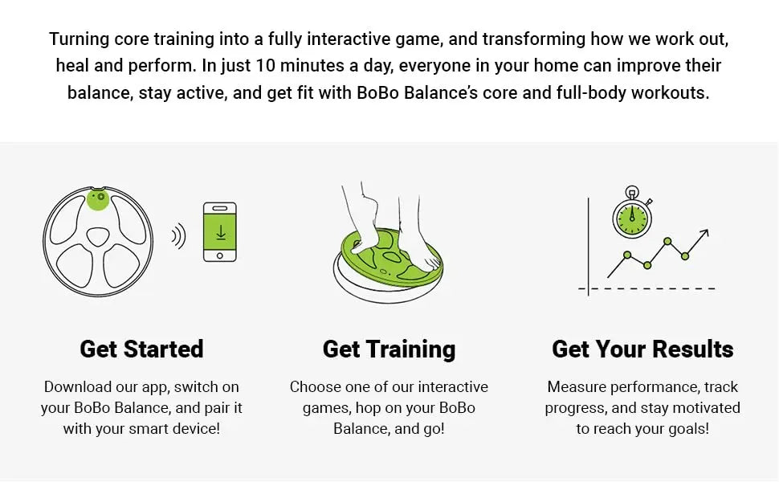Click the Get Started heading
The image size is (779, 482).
click(141, 349)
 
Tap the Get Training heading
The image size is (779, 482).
click(389, 349)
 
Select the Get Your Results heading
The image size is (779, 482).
click(642, 349)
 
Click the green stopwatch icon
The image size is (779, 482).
click(632, 214)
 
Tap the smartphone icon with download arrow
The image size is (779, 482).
click(219, 231)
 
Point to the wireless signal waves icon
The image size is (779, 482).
click(179, 236)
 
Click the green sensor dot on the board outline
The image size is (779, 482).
click(98, 198)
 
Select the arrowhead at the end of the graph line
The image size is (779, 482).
click(704, 233)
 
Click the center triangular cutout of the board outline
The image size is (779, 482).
click(98, 236)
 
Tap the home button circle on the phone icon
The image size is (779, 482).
click(219, 255)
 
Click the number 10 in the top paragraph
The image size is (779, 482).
click(265, 66)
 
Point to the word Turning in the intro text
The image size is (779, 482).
click(79, 39)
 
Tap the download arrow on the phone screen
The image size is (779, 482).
click(220, 232)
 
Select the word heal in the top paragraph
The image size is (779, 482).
click(72, 66)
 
